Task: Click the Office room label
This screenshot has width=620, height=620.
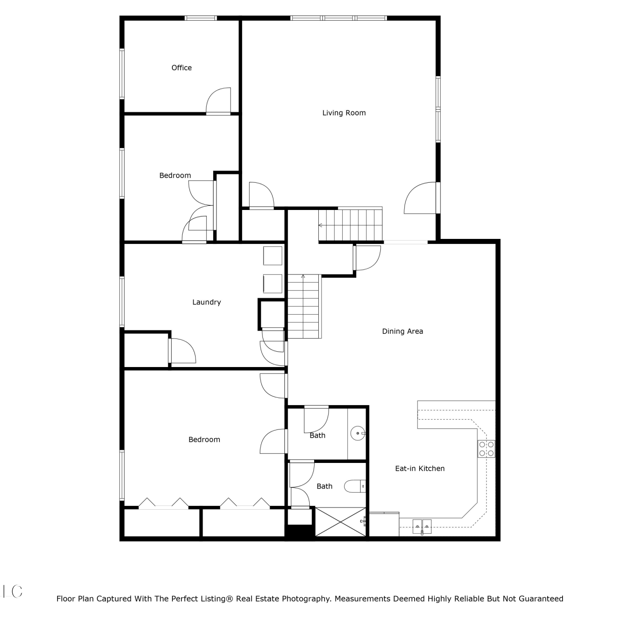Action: [181, 68]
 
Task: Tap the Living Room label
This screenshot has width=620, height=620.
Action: [344, 113]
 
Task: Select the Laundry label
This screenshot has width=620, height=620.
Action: [207, 302]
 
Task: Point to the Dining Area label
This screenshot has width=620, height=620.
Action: [403, 331]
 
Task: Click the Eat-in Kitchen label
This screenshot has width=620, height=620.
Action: [420, 468]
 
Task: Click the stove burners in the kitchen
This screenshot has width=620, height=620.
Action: [486, 449]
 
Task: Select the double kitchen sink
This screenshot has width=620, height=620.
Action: [422, 527]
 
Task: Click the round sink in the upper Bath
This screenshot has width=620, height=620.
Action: [358, 433]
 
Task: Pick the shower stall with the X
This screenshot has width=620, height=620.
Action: [341, 522]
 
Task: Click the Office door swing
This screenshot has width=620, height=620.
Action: [219, 100]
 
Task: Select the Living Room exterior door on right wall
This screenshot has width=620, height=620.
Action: [421, 198]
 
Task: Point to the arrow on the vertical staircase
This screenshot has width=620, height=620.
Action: [303, 276]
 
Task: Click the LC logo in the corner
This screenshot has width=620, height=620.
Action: [13, 591]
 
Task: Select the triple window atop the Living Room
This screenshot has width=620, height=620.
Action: [339, 18]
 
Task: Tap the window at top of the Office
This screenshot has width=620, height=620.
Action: [200, 18]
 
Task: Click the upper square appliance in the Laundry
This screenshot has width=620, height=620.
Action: [273, 255]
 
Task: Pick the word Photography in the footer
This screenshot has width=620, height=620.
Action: [306, 599]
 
